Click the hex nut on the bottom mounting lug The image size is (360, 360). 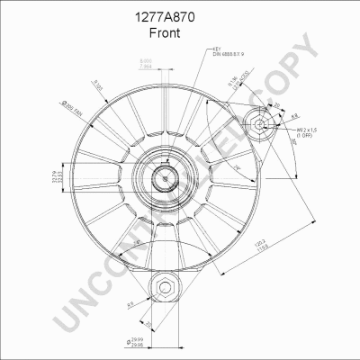(165, 290)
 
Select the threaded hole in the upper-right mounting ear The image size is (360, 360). (258, 124)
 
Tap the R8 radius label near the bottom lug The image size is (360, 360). (131, 305)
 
